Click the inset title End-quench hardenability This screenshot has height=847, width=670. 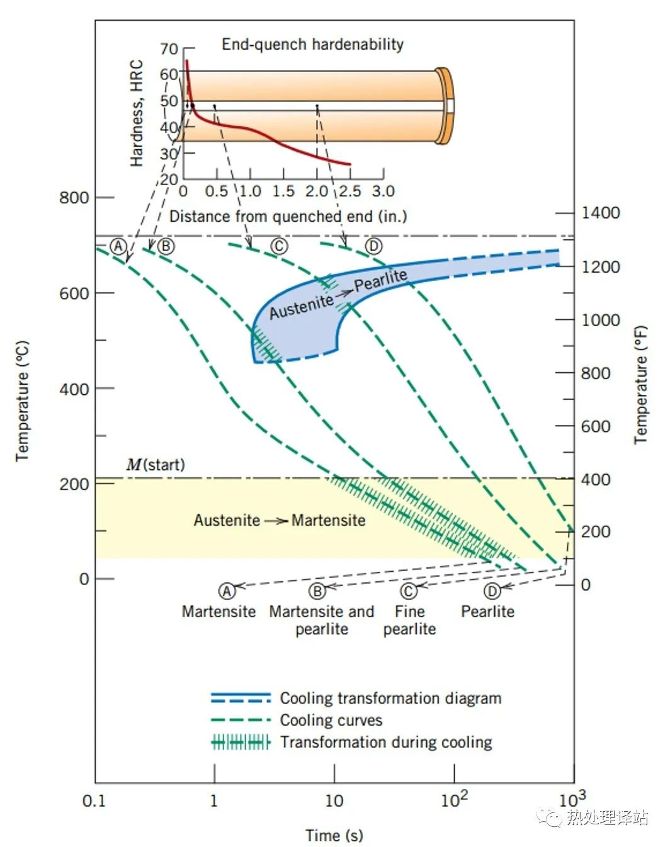pos(312,44)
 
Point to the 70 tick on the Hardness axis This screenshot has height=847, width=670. pos(169,48)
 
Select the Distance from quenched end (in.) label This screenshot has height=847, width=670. pos(288,217)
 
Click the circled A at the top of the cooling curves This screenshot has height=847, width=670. pos(118,246)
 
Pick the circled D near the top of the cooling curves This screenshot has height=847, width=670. pos(373,246)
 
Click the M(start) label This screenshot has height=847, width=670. pos(156,465)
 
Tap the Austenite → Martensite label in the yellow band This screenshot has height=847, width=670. pos(279,520)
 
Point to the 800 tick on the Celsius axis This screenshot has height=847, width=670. pos(74,198)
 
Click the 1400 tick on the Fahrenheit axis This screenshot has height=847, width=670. pos(600,213)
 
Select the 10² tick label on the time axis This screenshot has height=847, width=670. pos(454,800)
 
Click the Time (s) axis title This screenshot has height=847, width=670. pos(334,835)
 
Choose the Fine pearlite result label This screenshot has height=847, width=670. pos(409,620)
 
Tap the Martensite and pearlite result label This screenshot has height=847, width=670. pos(321,620)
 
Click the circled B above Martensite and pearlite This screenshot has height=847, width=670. pos(317,591)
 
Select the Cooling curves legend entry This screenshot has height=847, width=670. pos(331,720)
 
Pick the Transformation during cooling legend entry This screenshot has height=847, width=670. pos(386,742)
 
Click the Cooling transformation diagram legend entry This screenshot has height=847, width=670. pos(390,698)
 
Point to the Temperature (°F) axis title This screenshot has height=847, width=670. pos(640,384)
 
